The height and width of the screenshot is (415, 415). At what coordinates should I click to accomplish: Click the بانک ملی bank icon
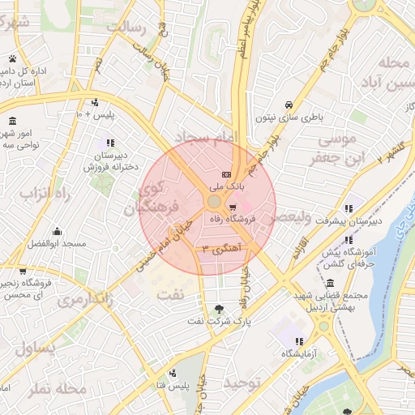(x=226, y=175)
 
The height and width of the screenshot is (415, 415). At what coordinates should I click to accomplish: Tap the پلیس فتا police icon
(x=173, y=374)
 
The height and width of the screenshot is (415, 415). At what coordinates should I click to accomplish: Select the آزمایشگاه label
(x=298, y=354)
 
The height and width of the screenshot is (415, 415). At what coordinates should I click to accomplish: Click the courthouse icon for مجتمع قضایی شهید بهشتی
(x=330, y=283)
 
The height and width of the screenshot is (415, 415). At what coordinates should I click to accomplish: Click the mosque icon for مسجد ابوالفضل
(x=56, y=232)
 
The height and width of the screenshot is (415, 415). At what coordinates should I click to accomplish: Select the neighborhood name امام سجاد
(x=203, y=139)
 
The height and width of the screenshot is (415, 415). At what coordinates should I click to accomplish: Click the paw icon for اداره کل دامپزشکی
(x=14, y=58)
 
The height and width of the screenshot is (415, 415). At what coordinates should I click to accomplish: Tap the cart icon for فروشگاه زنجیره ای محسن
(x=22, y=271)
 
